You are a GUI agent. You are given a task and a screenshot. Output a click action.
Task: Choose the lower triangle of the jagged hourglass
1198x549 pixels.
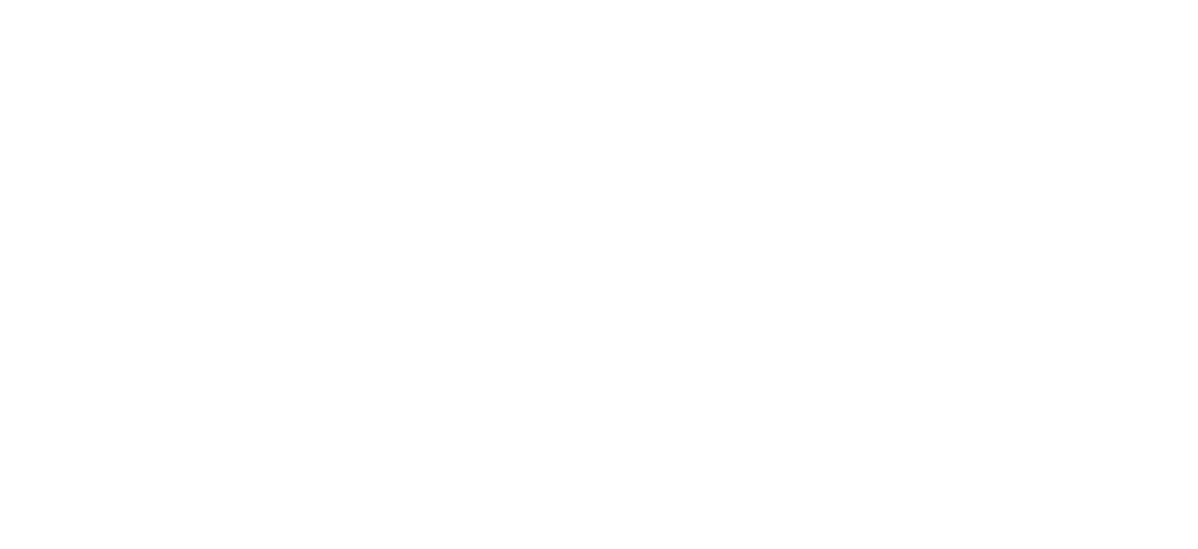[526, 325]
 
